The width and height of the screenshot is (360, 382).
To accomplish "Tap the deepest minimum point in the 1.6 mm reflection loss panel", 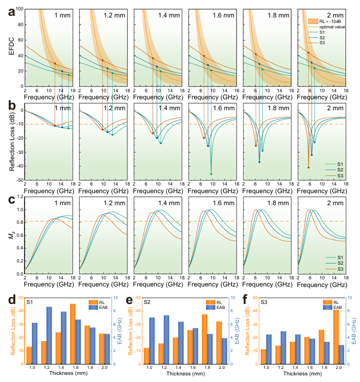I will tap(211, 174).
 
